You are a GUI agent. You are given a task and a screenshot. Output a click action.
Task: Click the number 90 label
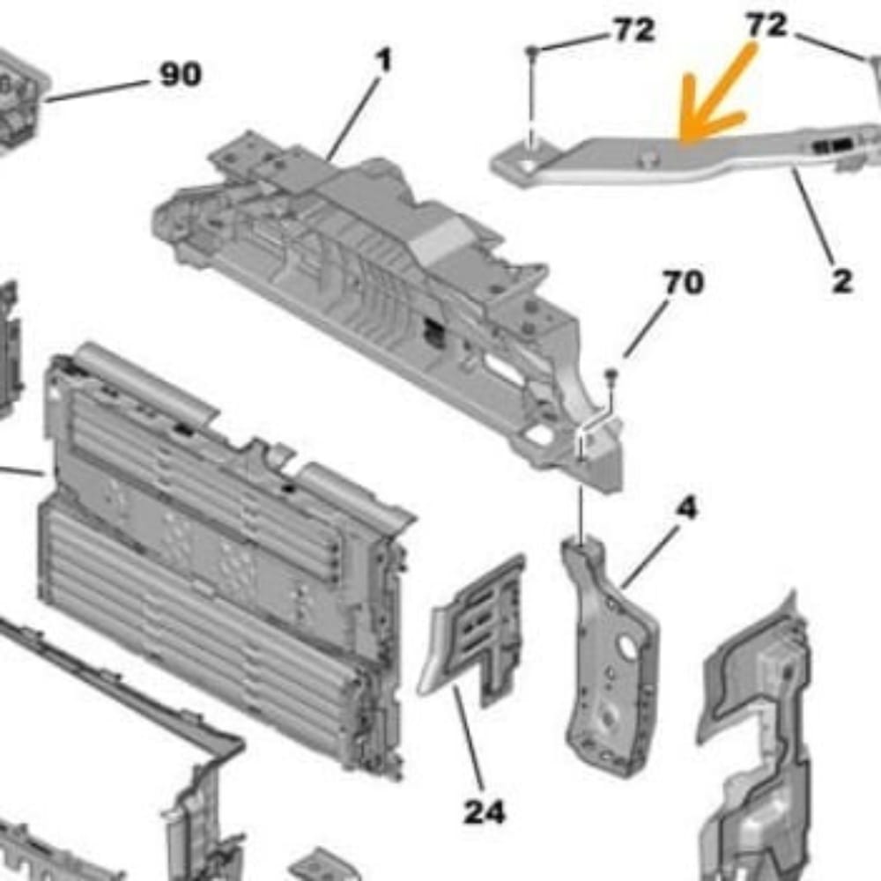[x=180, y=75]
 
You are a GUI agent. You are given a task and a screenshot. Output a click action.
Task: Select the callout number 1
[x=383, y=61]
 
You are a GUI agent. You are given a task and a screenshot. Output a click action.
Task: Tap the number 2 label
[x=841, y=282]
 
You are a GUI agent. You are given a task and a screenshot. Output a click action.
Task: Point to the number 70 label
[x=683, y=283]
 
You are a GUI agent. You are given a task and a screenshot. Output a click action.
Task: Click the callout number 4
[x=686, y=508]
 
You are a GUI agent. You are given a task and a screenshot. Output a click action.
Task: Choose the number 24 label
[x=485, y=811]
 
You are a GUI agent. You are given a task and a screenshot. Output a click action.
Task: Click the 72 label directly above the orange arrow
[x=766, y=26]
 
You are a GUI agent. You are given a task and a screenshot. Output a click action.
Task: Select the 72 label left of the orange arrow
[x=633, y=31]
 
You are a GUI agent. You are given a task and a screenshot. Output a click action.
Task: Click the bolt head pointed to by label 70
[x=611, y=375]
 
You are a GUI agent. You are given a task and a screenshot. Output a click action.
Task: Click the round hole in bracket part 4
[x=629, y=648]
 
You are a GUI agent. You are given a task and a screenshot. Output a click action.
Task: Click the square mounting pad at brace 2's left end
[x=520, y=165]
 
